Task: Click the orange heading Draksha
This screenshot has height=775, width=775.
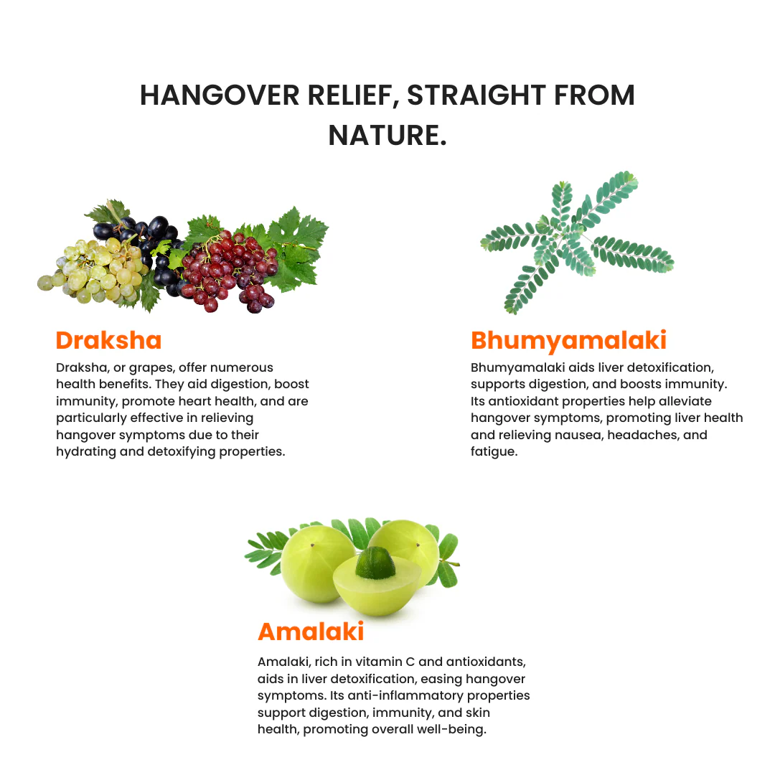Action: tap(108, 339)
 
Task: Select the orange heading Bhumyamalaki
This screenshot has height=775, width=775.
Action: tap(568, 339)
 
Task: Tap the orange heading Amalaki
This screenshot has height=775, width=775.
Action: tap(311, 631)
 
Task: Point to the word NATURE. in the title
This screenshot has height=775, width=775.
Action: tap(387, 136)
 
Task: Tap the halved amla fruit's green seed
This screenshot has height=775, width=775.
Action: tap(375, 565)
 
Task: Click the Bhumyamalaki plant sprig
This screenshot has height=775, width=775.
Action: tap(574, 240)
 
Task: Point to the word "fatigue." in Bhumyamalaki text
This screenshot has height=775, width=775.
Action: tap(494, 452)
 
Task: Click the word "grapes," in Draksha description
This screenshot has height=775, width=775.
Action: tap(151, 367)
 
